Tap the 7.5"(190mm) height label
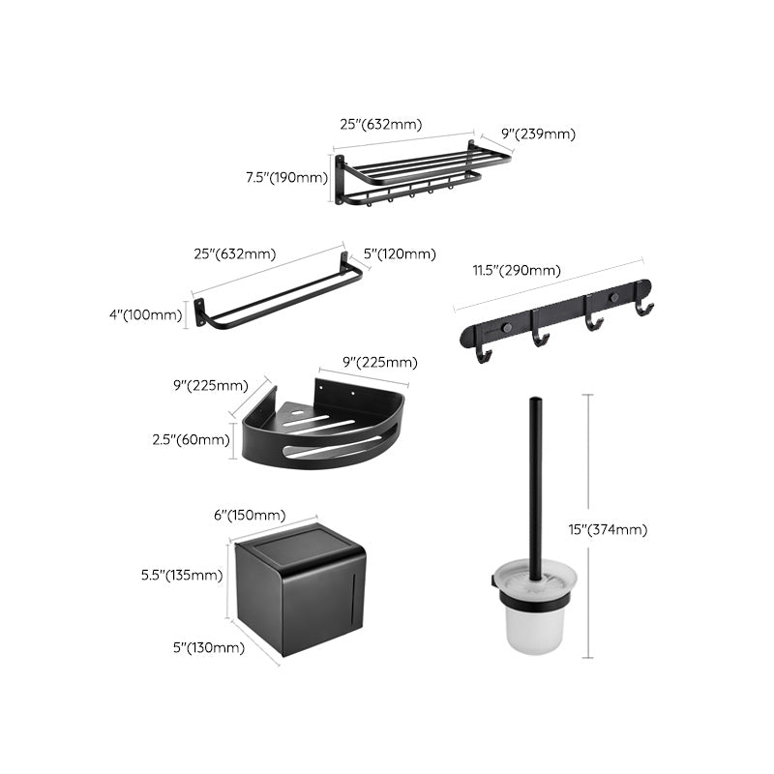(286, 177)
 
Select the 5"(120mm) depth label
(399, 254)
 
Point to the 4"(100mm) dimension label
(144, 313)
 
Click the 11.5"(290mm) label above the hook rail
(517, 272)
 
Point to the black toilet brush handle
(534, 484)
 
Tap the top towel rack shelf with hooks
(411, 174)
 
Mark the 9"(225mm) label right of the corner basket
(381, 363)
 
